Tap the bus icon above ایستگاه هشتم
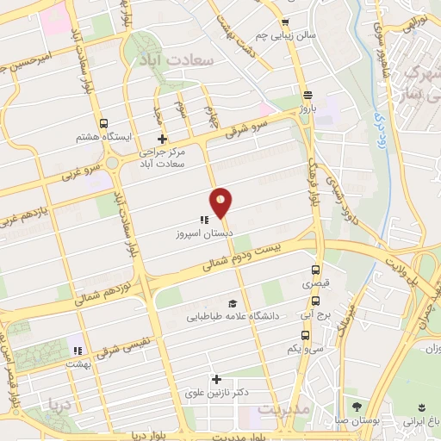click(104, 123)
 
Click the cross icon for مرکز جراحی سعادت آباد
click(161, 139)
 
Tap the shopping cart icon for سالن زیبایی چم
click(285, 22)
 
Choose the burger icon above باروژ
click(307, 96)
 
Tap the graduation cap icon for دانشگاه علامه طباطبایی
click(232, 303)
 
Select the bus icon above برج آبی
click(315, 301)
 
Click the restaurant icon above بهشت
click(77, 351)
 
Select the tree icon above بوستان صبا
click(357, 406)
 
